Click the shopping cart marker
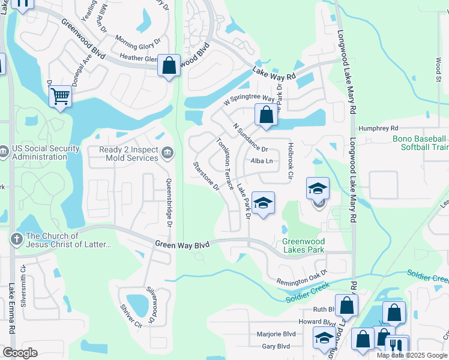(x=60, y=96)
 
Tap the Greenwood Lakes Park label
(x=303, y=246)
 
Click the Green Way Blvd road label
(x=182, y=244)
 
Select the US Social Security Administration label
(x=46, y=152)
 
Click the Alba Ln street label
(x=262, y=161)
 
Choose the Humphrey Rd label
(x=378, y=128)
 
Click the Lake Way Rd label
(x=274, y=74)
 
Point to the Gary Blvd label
(x=276, y=346)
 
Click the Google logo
(x=20, y=352)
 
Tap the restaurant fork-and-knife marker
(x=396, y=347)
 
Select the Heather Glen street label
(x=139, y=58)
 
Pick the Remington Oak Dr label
(x=302, y=277)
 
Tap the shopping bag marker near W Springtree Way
(x=266, y=115)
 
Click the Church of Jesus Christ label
(x=68, y=240)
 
